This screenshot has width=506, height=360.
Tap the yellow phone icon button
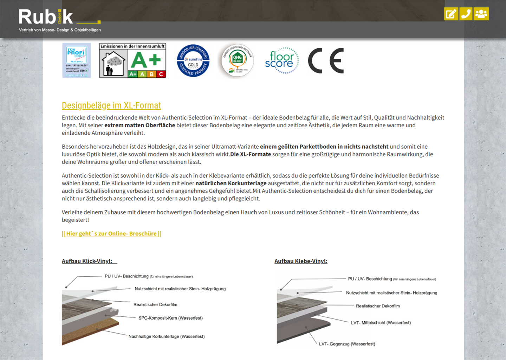(x=466, y=14)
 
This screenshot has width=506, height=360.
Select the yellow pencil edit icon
(x=451, y=14)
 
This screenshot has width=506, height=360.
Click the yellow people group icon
(x=481, y=14)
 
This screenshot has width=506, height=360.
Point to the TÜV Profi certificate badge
(x=77, y=60)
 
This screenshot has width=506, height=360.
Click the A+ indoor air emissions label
(x=132, y=60)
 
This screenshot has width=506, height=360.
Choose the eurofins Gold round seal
(x=193, y=60)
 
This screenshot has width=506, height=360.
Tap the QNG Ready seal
(x=238, y=60)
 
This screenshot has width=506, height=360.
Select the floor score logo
(x=282, y=60)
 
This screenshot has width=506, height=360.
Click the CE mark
(x=326, y=60)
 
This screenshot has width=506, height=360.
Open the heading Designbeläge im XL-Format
(x=111, y=105)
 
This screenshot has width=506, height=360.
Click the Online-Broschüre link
(x=111, y=233)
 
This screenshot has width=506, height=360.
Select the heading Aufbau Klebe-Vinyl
(x=301, y=261)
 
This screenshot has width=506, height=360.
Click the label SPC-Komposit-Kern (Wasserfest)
(x=170, y=318)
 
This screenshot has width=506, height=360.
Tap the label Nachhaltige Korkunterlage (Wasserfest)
(x=167, y=336)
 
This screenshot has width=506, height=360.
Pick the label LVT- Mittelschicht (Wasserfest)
(x=381, y=322)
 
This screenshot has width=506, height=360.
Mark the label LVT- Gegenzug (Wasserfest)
(x=347, y=344)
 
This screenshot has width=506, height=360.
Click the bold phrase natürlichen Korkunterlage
(x=231, y=183)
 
